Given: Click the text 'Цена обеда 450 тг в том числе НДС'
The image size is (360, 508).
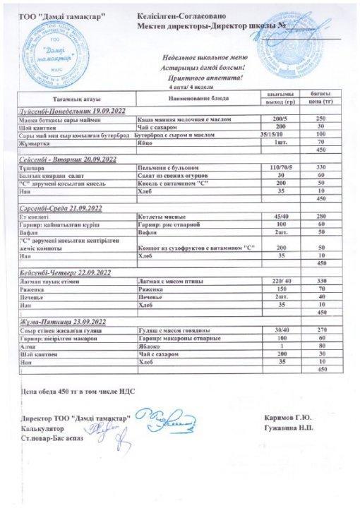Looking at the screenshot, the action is click(x=79, y=390).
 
